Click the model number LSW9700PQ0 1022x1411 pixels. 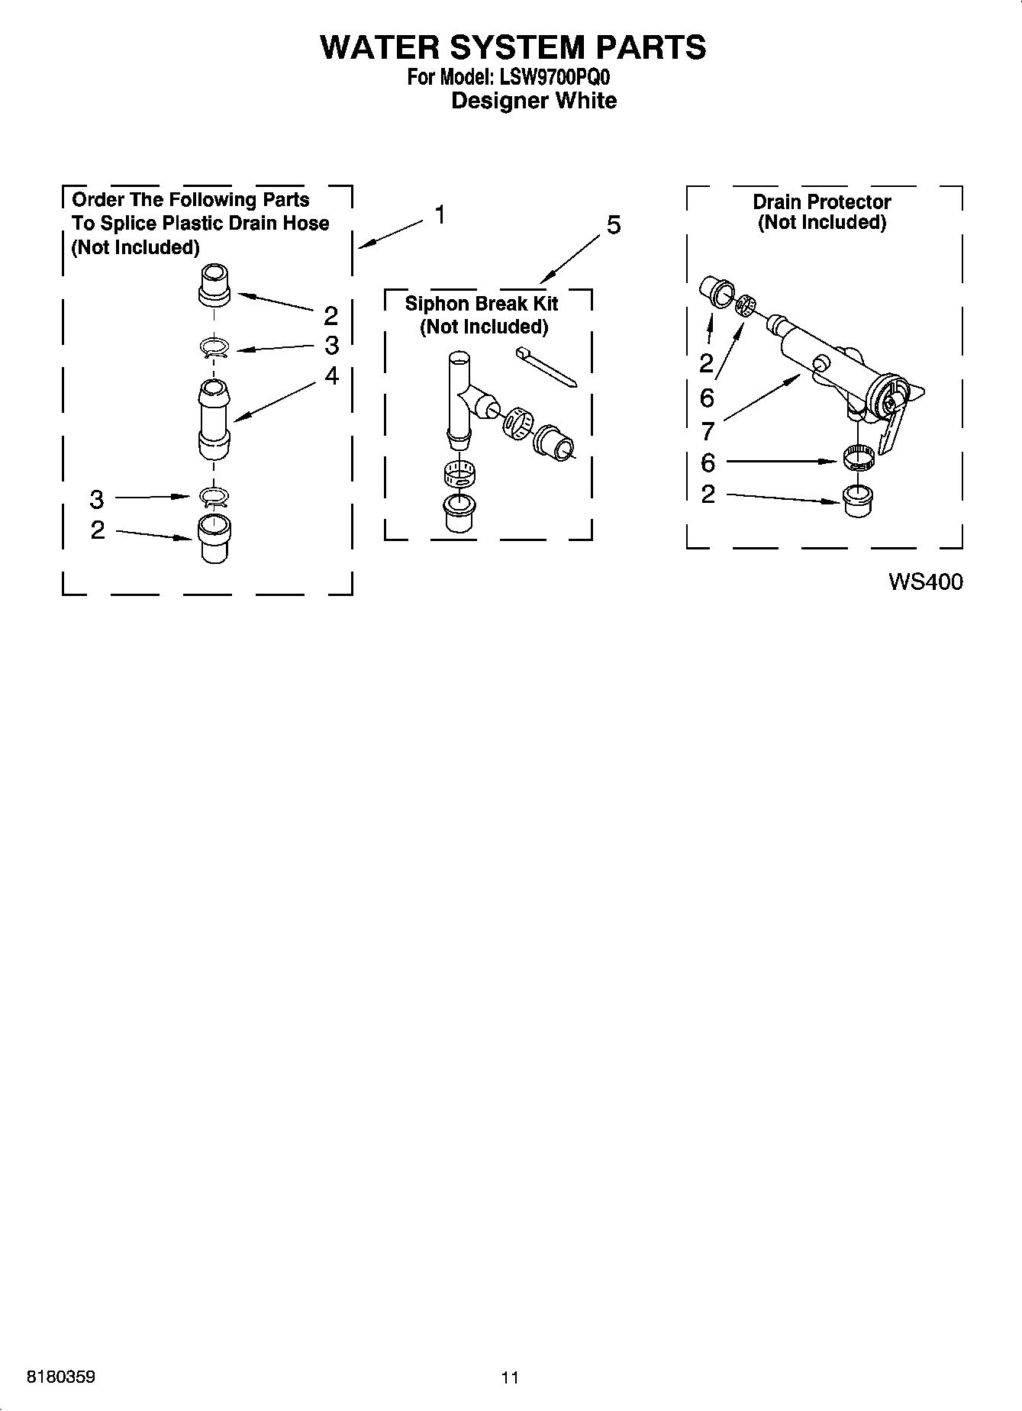click(555, 77)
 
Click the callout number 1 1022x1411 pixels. click(440, 215)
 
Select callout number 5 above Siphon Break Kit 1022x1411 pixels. click(613, 225)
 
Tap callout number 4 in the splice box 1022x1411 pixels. click(331, 375)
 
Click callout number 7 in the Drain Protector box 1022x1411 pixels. click(707, 431)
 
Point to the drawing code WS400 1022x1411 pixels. click(925, 581)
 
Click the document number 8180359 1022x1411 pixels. click(61, 1377)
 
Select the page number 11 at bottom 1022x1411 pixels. click(510, 1377)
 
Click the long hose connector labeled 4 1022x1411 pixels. click(214, 420)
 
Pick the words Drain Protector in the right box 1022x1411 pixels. click(821, 202)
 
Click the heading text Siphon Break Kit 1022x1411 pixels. click(481, 304)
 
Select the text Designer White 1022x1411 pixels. click(534, 101)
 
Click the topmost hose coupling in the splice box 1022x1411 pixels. click(214, 285)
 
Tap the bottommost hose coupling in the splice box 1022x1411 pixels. click(214, 538)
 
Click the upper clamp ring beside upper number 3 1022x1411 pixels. click(215, 348)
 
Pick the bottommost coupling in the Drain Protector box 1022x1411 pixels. click(859, 500)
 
